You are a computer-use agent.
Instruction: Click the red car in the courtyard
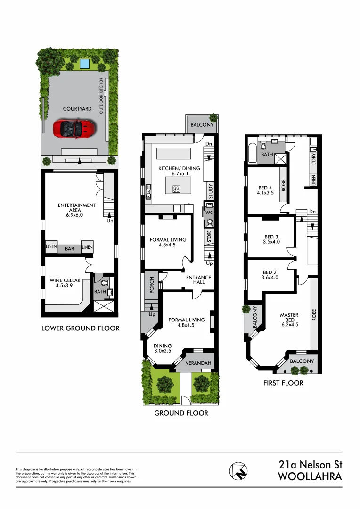74,128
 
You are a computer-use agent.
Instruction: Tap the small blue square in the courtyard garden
85,63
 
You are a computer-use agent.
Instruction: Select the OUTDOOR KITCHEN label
100,97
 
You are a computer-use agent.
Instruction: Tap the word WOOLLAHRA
310,476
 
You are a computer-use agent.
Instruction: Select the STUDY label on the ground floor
211,191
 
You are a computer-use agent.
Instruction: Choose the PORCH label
152,285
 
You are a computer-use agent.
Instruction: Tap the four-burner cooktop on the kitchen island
177,189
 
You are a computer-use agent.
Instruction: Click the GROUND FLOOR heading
181,413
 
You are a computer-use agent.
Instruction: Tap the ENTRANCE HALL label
198,279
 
